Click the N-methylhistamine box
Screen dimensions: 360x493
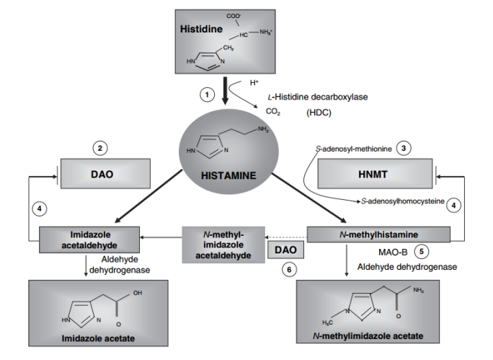pos(378,234)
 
